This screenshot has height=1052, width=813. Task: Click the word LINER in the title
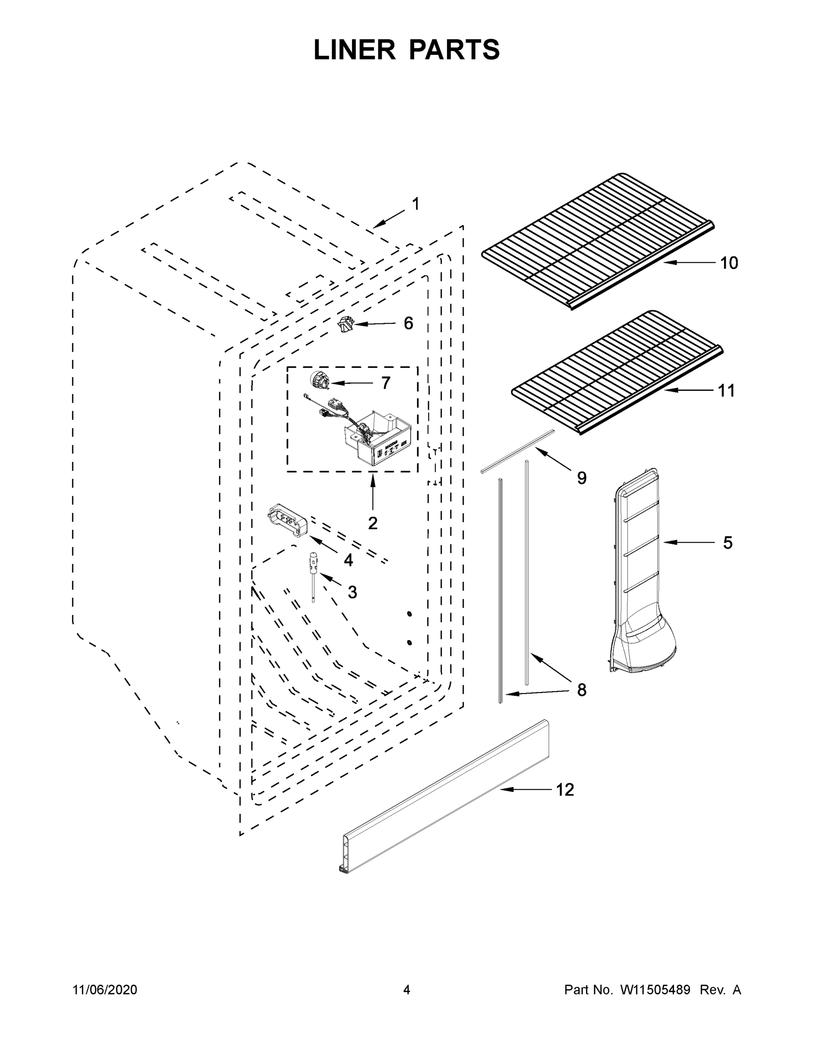pos(354,50)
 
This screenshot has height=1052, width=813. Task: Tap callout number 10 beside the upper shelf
pos(729,263)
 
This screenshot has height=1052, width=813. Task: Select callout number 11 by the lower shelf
pos(726,391)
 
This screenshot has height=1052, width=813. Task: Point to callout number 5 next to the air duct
pos(728,543)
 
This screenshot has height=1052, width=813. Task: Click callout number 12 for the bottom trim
pos(565,790)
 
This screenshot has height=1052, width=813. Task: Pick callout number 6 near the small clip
pos(408,323)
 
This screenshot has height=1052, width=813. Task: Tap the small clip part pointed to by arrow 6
pos(345,325)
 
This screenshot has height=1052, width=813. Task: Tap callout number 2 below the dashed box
pos(372,523)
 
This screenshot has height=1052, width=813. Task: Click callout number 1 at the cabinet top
pos(415,204)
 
